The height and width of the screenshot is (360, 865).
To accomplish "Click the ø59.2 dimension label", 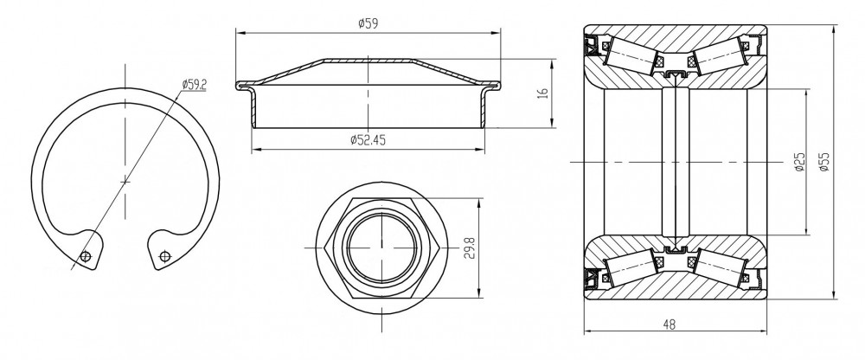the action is pyautogui.click(x=194, y=85).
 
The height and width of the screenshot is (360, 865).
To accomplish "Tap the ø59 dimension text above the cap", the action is pyautogui.click(x=368, y=23).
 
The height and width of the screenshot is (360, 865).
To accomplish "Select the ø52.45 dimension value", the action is pyautogui.click(x=368, y=140).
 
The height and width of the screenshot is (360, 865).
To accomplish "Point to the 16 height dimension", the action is pyautogui.click(x=544, y=93).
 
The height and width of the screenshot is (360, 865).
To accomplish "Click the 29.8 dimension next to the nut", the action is pyautogui.click(x=470, y=247).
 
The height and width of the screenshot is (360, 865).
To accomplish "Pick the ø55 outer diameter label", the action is pyautogui.click(x=824, y=163).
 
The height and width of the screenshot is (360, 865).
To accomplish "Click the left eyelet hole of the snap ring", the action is pyautogui.click(x=85, y=256).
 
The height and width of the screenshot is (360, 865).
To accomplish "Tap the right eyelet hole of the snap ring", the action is pyautogui.click(x=163, y=256).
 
